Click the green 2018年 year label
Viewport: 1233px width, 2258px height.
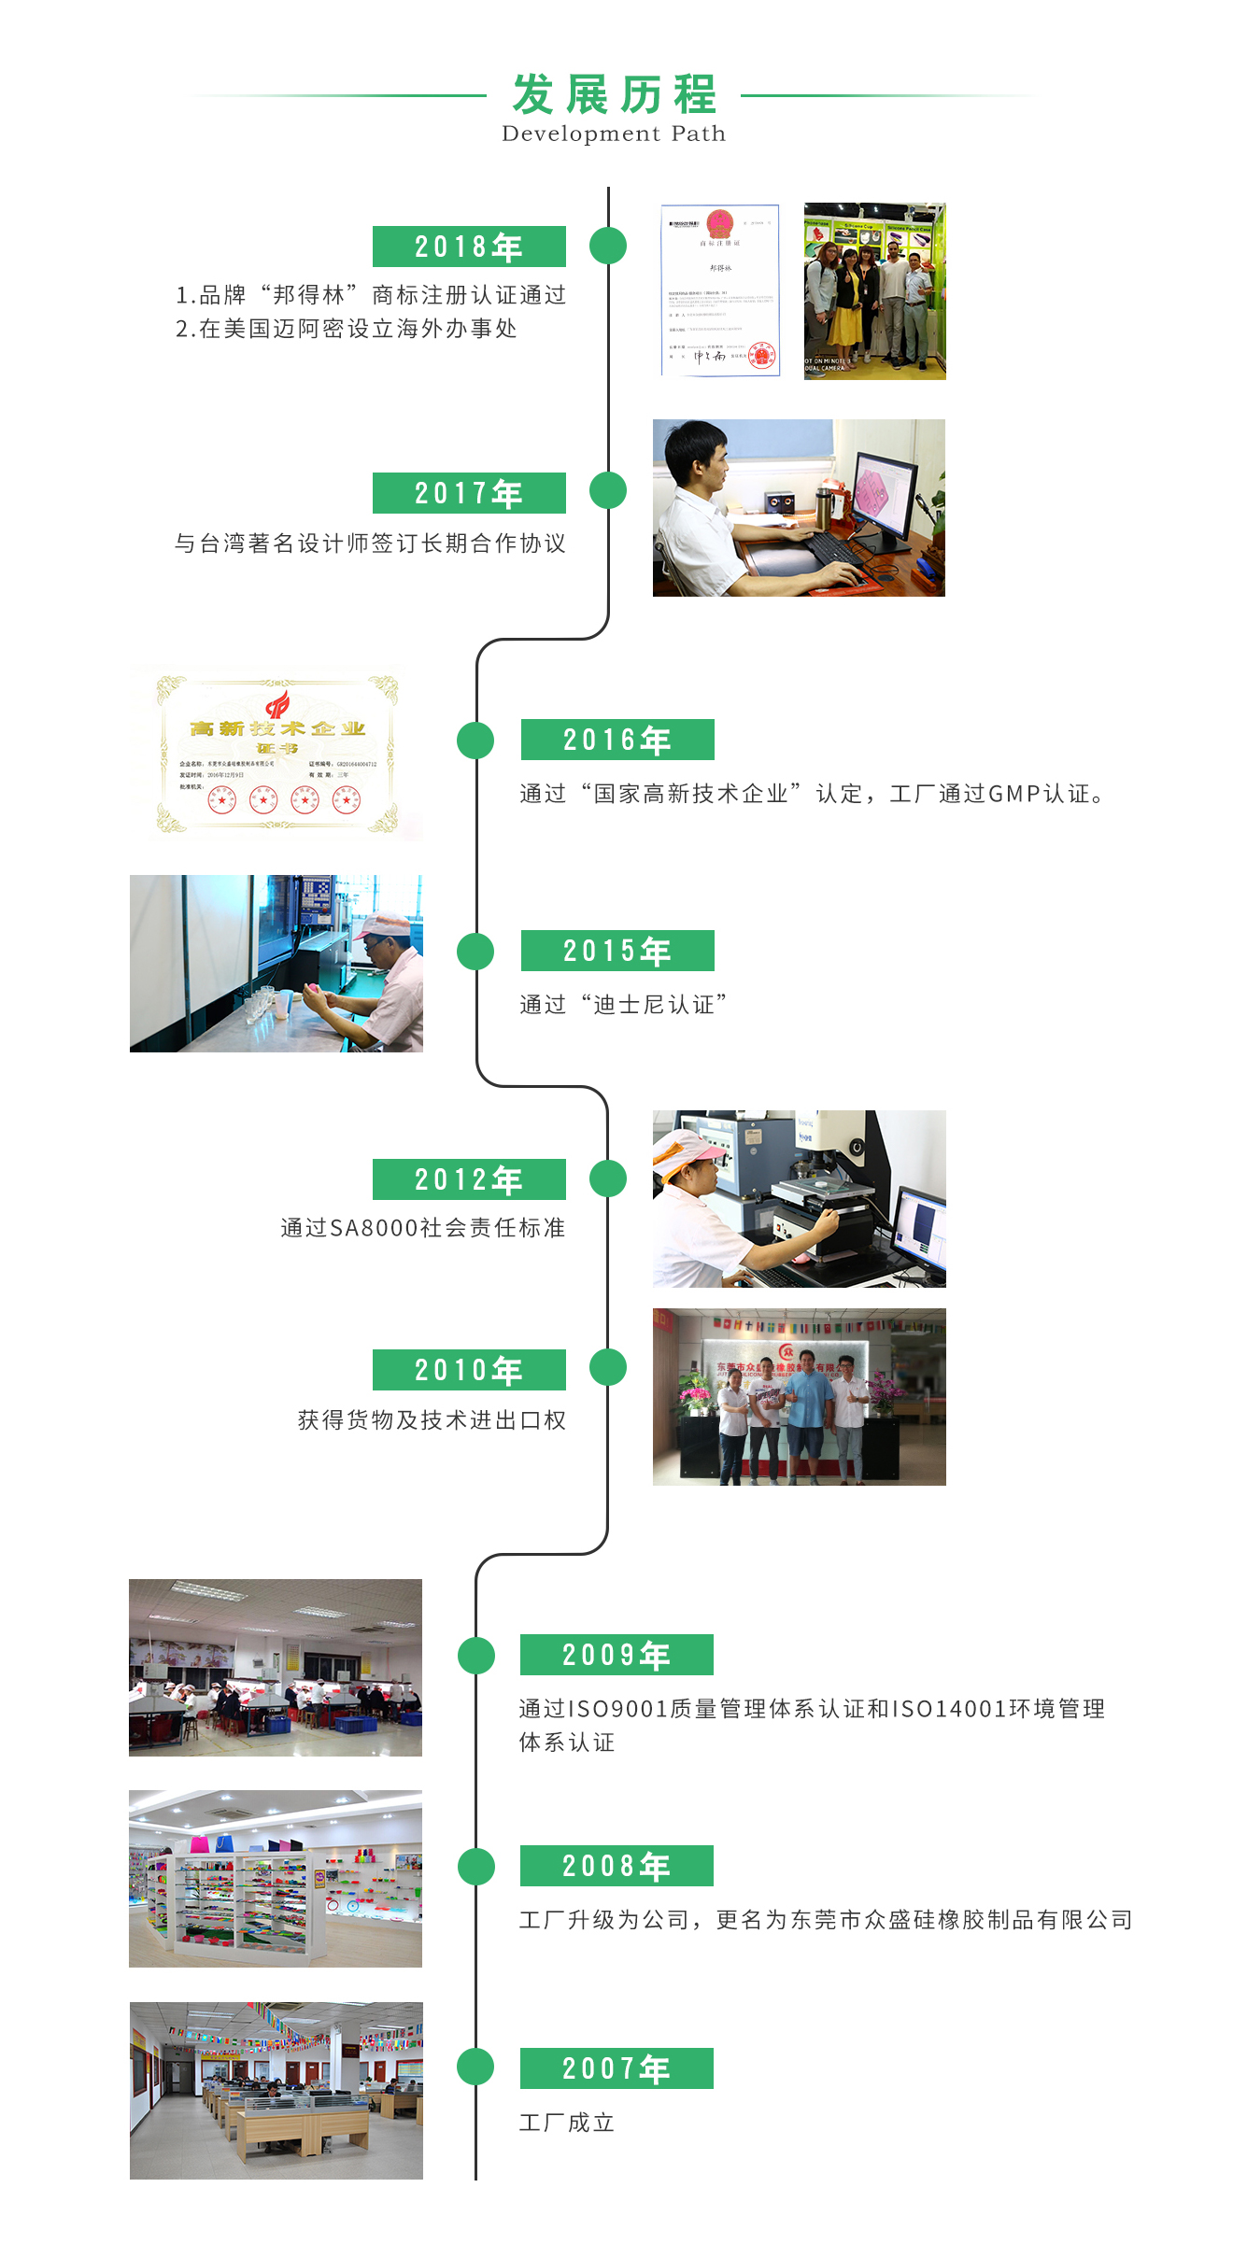click(469, 247)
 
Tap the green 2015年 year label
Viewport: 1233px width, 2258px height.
click(617, 951)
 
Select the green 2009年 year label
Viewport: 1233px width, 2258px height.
click(616, 1655)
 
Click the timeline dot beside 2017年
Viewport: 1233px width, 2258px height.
click(608, 490)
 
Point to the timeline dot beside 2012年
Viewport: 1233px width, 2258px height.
click(608, 1178)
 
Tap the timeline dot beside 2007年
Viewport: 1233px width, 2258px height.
click(475, 2067)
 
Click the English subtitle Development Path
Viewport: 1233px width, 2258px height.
click(614, 134)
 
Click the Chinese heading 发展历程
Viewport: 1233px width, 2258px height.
click(614, 94)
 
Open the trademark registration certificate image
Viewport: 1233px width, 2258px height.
click(720, 290)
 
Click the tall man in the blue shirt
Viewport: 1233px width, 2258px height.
click(808, 1410)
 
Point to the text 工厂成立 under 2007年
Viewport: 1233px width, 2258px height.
click(567, 2123)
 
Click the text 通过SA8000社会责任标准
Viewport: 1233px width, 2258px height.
click(423, 1228)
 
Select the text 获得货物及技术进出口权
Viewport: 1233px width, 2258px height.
click(432, 1420)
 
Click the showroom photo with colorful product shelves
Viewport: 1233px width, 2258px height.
click(276, 1879)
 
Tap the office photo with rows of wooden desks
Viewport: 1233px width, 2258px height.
click(276, 2090)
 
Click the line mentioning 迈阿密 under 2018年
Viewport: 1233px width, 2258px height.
click(347, 329)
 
